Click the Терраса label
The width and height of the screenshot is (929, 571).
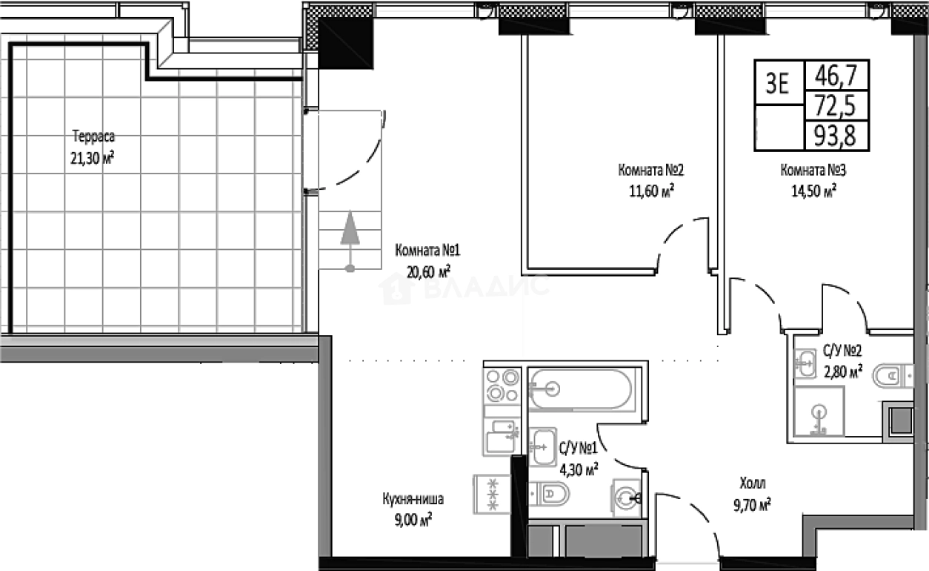(95, 136)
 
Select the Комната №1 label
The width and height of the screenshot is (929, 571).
(422, 250)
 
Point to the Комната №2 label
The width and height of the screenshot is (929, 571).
(650, 171)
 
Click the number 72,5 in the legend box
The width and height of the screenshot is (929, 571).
(836, 106)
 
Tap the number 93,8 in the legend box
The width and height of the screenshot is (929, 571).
(836, 136)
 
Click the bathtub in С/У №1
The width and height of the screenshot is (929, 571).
(581, 388)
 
